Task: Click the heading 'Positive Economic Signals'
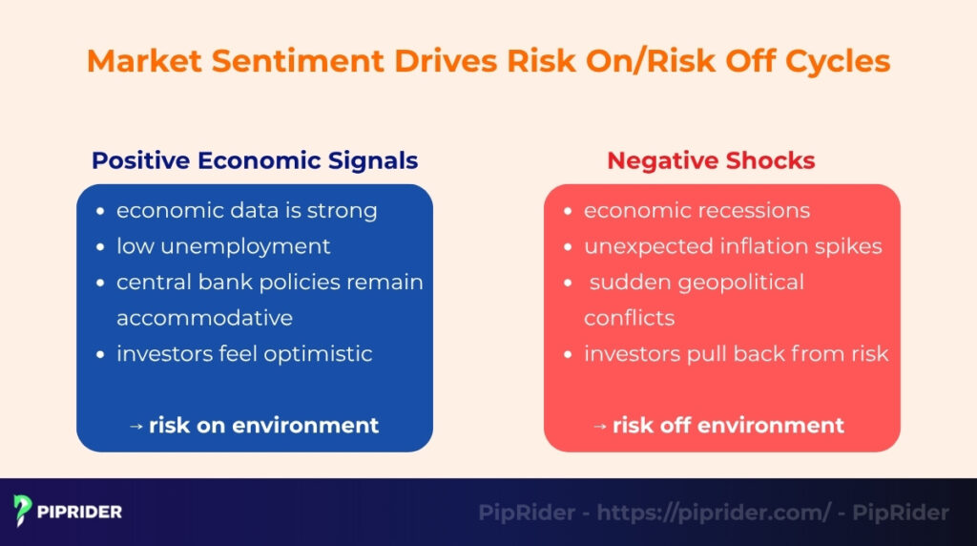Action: [255, 160]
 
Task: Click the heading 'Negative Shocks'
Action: [711, 160]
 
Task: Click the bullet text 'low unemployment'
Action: [223, 246]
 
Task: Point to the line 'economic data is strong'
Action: [246, 210]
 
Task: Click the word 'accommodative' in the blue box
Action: [204, 318]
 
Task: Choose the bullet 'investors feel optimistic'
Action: [244, 353]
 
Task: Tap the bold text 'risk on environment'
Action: [263, 425]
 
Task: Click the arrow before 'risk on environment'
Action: [135, 426]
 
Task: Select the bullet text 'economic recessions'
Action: [696, 210]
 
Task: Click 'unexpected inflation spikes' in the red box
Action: [733, 246]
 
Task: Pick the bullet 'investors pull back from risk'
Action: [736, 353]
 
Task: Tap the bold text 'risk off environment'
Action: [728, 425]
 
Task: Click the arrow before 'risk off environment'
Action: [599, 426]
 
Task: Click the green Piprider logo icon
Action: [24, 511]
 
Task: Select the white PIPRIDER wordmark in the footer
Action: [80, 512]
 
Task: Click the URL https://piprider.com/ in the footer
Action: [715, 513]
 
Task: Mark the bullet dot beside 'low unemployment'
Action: [101, 247]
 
